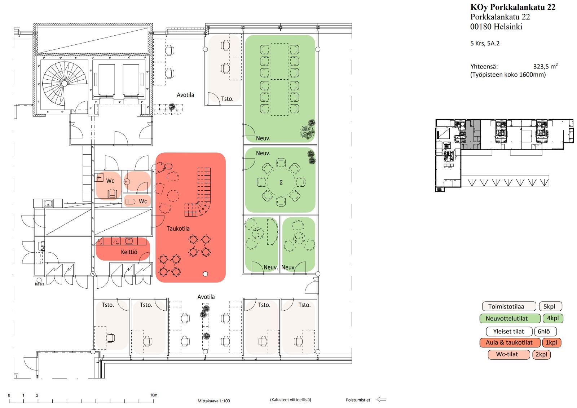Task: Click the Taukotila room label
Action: (178, 229)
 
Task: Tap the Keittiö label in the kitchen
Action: (129, 252)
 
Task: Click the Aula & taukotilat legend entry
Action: (510, 343)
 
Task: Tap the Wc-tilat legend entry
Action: (507, 354)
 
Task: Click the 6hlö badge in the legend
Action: (546, 331)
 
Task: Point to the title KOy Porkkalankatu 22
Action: (513, 7)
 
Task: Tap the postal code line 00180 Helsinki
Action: (496, 27)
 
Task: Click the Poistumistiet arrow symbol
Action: (381, 399)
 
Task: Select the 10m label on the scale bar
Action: (154, 395)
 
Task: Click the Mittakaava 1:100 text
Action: (213, 401)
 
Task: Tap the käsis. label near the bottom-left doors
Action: (40, 284)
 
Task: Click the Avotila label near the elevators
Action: (185, 95)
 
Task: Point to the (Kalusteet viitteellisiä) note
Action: (290, 400)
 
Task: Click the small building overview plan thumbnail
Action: (504, 155)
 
